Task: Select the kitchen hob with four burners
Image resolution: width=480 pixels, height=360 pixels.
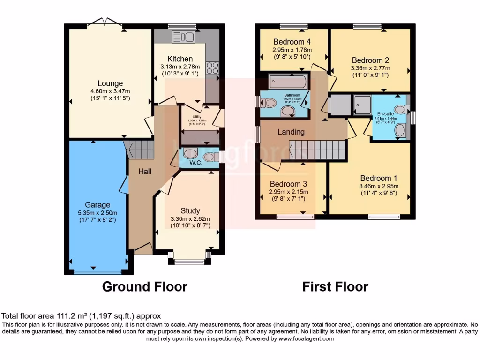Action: click(x=211, y=68)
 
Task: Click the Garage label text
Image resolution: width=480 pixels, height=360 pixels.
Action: click(x=97, y=204)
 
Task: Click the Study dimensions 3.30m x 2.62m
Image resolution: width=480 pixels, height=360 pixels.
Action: click(x=190, y=218)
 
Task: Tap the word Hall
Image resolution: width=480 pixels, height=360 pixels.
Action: click(x=144, y=172)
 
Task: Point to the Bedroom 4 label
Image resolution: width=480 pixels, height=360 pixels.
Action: click(x=293, y=41)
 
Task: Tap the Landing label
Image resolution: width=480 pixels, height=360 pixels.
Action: click(x=291, y=132)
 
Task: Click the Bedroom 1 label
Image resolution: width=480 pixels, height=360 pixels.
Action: click(x=378, y=178)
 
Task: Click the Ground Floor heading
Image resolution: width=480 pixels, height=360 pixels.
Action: click(x=144, y=286)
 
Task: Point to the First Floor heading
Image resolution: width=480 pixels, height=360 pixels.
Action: click(x=335, y=286)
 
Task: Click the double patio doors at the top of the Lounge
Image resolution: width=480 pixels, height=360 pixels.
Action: click(x=105, y=22)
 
